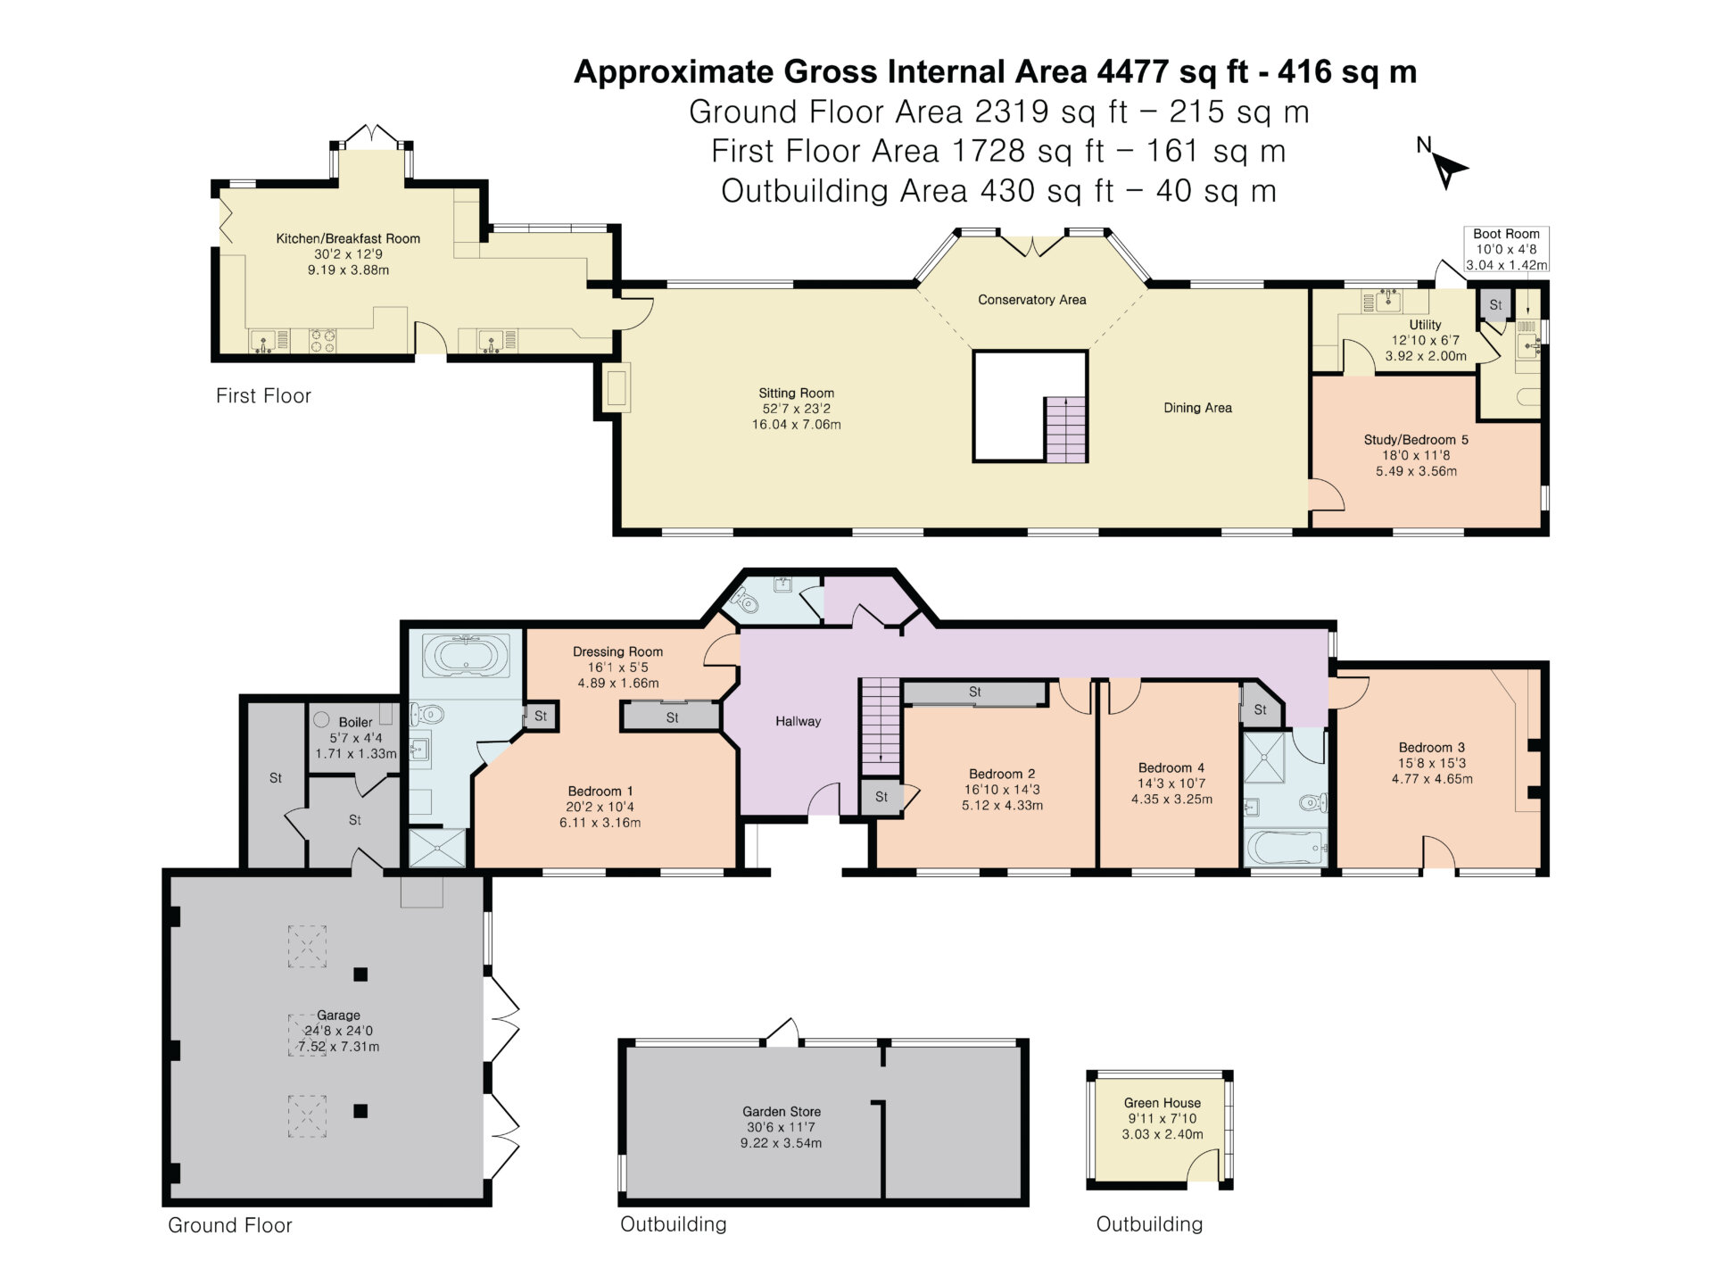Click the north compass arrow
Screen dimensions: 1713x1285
pyautogui.click(x=1450, y=170)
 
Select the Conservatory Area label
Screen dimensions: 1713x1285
pyautogui.click(x=1031, y=300)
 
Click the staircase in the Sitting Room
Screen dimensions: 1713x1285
pyautogui.click(x=1065, y=430)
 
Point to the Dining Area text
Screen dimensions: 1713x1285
pyautogui.click(x=1197, y=408)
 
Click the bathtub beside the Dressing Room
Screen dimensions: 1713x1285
pyautogui.click(x=466, y=657)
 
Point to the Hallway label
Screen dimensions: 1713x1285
pyautogui.click(x=798, y=721)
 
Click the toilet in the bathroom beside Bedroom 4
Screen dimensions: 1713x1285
pyautogui.click(x=1312, y=803)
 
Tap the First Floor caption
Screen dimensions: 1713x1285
pyautogui.click(x=263, y=396)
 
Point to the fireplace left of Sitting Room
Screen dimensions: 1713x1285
pyautogui.click(x=617, y=388)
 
